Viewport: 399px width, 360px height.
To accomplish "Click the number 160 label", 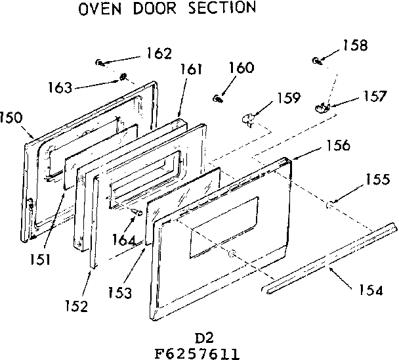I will [241, 68].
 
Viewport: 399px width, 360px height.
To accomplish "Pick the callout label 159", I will [288, 99].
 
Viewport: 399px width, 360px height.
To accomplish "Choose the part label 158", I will [355, 45].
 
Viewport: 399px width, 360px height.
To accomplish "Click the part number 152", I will [76, 305].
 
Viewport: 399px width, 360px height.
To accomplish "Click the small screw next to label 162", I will [98, 62].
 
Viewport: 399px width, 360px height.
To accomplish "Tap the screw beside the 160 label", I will [217, 98].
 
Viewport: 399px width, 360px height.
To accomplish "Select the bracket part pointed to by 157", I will [322, 105].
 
